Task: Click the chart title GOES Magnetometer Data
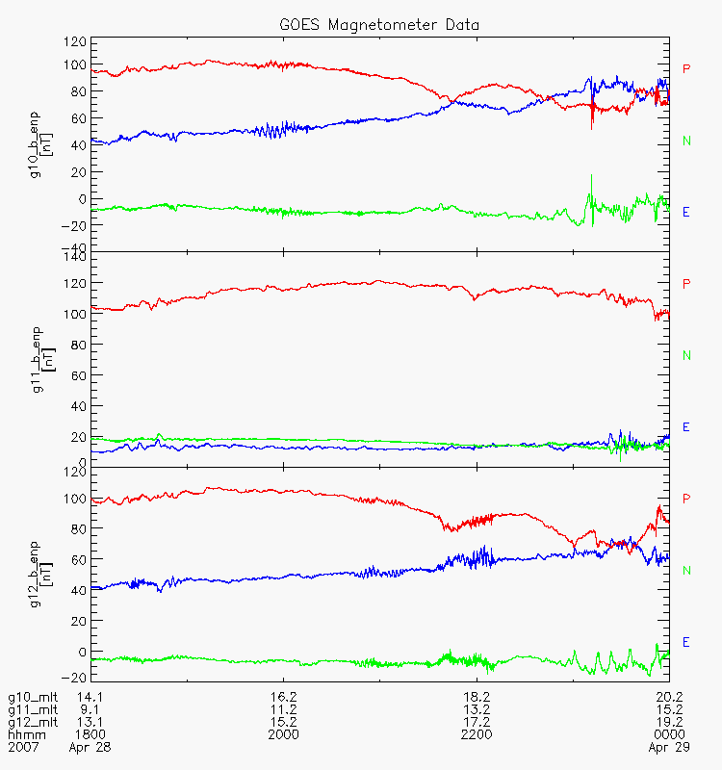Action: pos(379,25)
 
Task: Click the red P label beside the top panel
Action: pos(686,68)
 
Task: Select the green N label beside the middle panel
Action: pos(686,355)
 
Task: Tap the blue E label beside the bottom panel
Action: pos(686,642)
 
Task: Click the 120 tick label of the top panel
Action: pos(74,41)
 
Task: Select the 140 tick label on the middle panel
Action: pos(74,256)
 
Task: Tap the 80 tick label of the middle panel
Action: pos(79,345)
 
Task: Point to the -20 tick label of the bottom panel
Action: pos(74,678)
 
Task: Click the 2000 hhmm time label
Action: pos(283,734)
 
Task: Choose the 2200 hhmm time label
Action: pos(477,734)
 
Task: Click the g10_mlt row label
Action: pos(33,697)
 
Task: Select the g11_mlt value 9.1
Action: pos(90,709)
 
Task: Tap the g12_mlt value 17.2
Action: pos(477,722)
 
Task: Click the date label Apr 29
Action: pos(669,748)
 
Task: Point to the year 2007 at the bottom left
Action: pos(23,747)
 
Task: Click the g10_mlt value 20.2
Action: pos(669,697)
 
